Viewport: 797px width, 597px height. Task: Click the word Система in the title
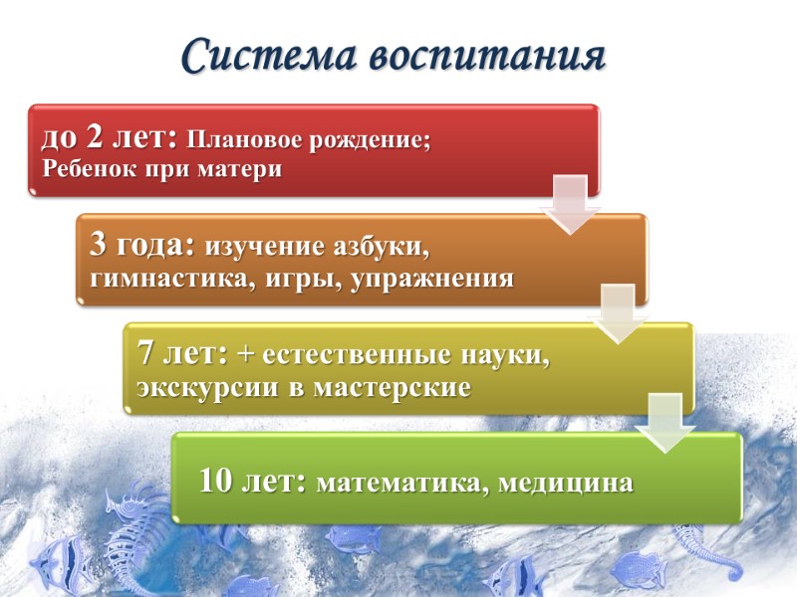pos(269,57)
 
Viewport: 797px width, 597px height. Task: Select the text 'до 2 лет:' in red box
pos(109,138)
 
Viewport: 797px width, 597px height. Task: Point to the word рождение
pos(374,140)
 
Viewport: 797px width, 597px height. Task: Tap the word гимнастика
pos(173,278)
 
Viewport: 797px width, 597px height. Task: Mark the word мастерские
pos(392,387)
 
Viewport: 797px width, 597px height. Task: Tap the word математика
pos(402,484)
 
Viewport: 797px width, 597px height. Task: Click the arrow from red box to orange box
pos(570,204)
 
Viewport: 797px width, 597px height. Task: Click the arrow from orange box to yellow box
pos(619,312)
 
